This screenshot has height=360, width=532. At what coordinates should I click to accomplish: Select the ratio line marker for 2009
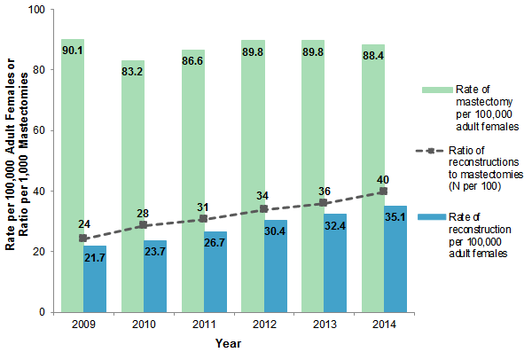pos(83,238)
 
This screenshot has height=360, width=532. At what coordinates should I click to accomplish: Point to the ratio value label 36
pos(324,192)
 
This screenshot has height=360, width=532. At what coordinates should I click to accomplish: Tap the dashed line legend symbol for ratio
pos(434,152)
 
